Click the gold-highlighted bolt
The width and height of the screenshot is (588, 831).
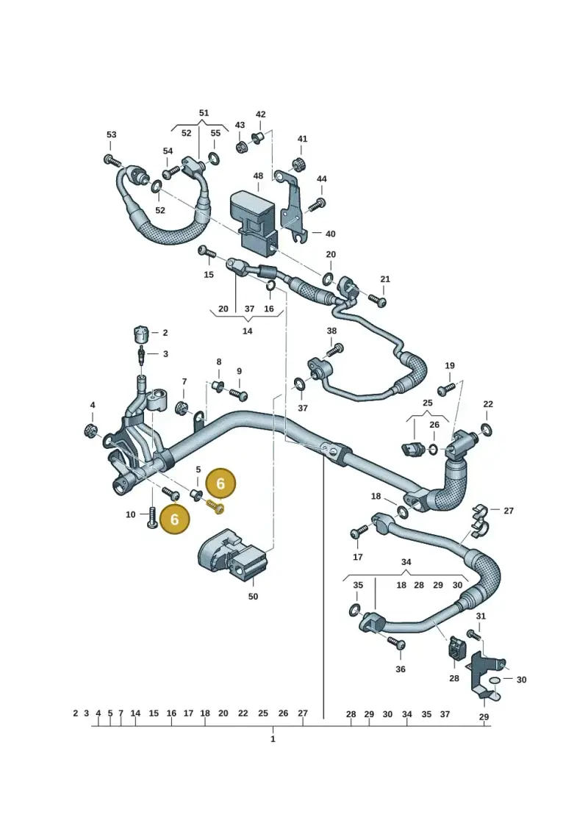tap(215, 507)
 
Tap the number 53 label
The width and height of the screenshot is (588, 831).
tap(111, 134)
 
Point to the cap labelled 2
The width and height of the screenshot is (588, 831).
tap(139, 334)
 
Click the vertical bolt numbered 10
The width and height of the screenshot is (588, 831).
tap(152, 518)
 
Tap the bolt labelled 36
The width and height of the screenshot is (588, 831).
tap(397, 644)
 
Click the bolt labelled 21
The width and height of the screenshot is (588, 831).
tap(378, 301)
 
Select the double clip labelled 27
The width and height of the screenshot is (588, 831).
tap(480, 519)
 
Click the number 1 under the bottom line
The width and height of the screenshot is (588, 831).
tap(273, 738)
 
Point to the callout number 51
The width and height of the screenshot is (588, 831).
tap(204, 113)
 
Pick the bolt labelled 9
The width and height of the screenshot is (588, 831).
tap(238, 395)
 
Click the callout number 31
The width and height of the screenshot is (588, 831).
tap(481, 616)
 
